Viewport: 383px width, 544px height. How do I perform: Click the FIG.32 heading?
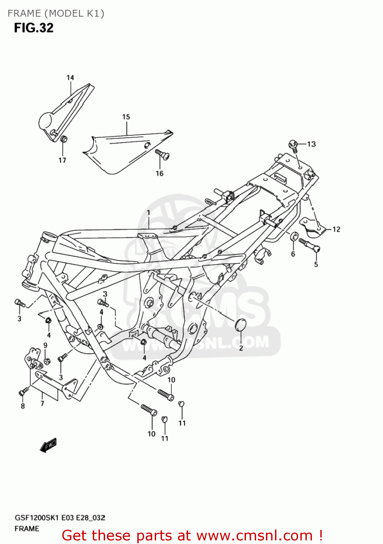coord(34,28)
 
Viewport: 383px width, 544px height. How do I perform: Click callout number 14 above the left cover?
coord(70,78)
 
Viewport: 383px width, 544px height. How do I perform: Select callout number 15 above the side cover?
coord(126,117)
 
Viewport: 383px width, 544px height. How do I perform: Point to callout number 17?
coord(62,160)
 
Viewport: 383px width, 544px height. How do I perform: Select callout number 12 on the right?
coord(336,229)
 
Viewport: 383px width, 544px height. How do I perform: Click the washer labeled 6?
coord(294,237)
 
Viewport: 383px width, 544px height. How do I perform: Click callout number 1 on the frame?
coord(148,212)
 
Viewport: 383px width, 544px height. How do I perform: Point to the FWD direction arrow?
coord(49,445)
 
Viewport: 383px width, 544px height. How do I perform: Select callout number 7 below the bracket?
coord(42,403)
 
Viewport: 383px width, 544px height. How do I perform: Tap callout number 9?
coord(45,345)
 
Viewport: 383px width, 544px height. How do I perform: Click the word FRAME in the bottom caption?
coord(27,529)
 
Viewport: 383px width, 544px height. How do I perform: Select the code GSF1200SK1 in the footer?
coord(36,518)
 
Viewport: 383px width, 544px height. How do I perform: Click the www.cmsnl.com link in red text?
coord(255,535)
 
